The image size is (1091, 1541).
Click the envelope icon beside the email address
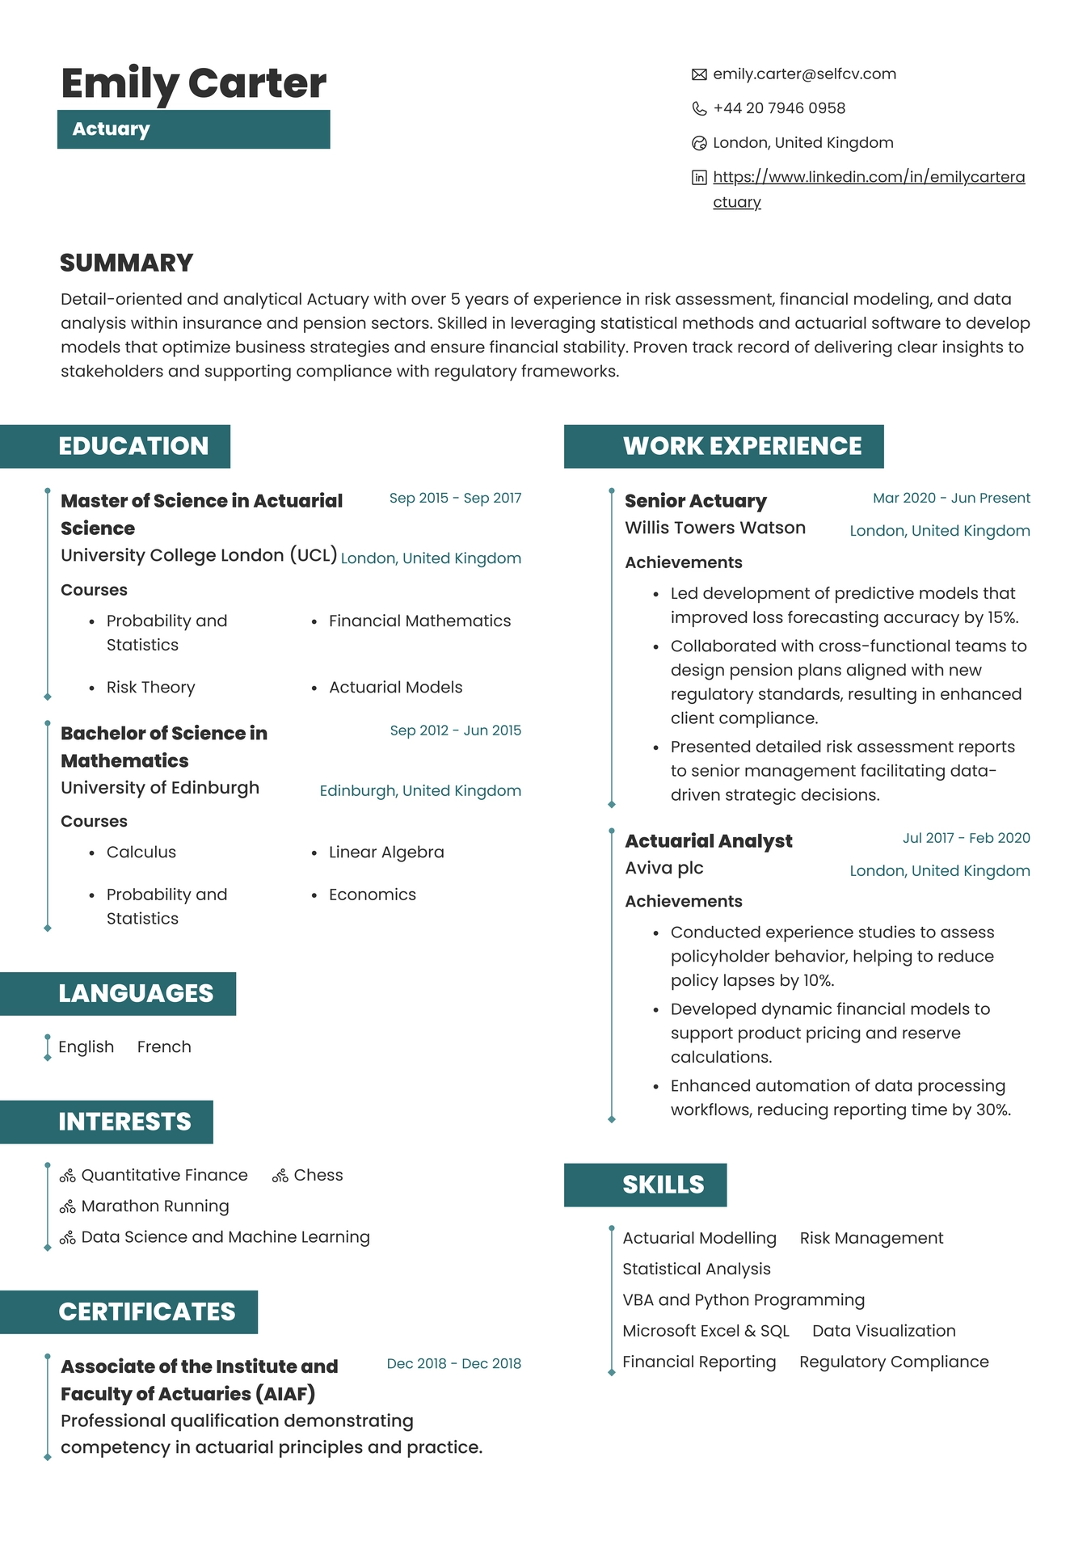[x=699, y=74]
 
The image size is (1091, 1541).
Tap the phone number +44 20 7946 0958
[x=778, y=108]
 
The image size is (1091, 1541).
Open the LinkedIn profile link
[x=868, y=177]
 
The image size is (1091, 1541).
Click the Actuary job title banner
[x=193, y=129]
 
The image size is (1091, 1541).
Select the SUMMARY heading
[x=127, y=263]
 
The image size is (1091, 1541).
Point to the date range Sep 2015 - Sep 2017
[x=455, y=498]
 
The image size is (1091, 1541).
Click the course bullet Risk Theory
[x=150, y=687]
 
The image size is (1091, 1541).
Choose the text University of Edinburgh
[x=160, y=787]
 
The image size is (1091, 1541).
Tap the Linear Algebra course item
[x=385, y=852]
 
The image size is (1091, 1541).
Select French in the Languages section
[x=164, y=1046]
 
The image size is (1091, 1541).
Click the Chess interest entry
[x=318, y=1175]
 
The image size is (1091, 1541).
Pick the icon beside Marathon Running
[x=68, y=1206]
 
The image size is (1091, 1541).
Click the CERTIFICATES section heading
[x=146, y=1312]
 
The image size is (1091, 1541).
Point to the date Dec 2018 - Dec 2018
[x=453, y=1363]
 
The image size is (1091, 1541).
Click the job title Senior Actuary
[x=695, y=501]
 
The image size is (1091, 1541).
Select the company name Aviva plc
[x=663, y=868]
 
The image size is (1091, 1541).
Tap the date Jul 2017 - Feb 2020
[x=966, y=838]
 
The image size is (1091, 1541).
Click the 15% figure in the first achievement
[x=1002, y=617]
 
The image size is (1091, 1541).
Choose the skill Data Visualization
[x=883, y=1331]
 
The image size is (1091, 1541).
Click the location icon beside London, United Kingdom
[x=699, y=143]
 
